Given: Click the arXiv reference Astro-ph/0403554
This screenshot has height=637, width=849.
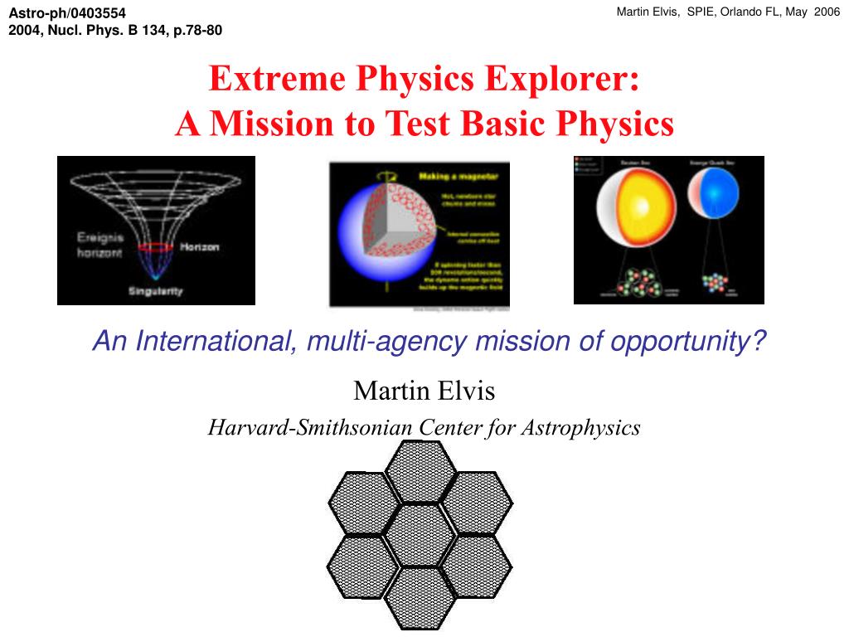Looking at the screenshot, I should (x=67, y=12).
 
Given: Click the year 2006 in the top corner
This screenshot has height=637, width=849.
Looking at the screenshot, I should (x=826, y=12).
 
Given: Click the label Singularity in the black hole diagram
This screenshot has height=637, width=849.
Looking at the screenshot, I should (x=155, y=291).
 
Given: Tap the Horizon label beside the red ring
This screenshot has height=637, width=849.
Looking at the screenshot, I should (x=200, y=247).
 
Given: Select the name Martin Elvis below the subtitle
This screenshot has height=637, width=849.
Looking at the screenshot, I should (x=424, y=389).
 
